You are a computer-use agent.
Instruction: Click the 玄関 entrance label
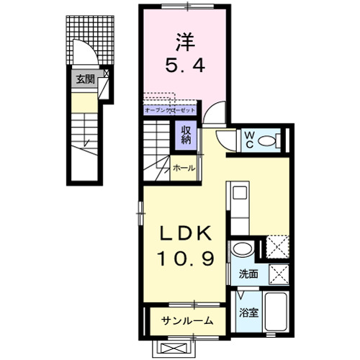(x=85, y=80)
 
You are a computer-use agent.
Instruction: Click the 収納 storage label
(x=186, y=135)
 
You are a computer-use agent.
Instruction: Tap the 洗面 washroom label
(x=249, y=274)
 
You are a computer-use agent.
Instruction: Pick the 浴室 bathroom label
(x=248, y=312)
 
